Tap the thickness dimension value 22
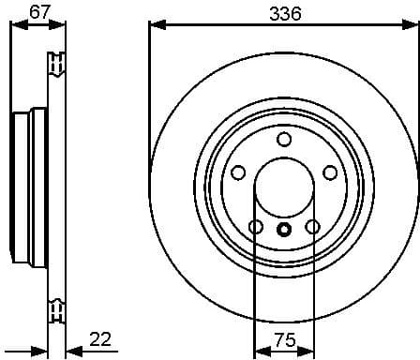point(102,339)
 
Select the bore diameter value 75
point(284,339)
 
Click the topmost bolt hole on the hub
point(284,140)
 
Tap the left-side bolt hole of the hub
point(238,172)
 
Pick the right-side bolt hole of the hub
point(330,172)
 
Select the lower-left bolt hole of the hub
point(256,226)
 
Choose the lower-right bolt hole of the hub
point(312,226)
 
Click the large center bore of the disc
point(284,187)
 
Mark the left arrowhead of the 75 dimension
point(260,352)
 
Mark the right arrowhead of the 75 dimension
point(308,352)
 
